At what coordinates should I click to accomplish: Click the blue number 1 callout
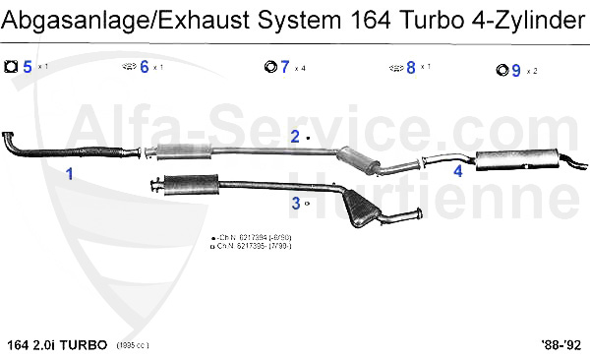click(69, 174)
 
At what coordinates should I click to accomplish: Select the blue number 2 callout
click(294, 137)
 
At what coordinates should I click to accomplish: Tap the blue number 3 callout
click(295, 204)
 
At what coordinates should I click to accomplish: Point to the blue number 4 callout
click(457, 170)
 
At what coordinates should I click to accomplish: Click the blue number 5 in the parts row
click(28, 67)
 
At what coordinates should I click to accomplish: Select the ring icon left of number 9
click(500, 70)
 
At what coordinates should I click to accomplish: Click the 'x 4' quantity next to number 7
click(299, 68)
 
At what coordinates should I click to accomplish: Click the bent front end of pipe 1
click(12, 140)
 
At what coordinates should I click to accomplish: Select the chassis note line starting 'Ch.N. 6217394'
click(252, 239)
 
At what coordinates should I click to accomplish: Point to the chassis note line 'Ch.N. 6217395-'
click(252, 247)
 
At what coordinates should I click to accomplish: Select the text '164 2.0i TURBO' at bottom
click(55, 345)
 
